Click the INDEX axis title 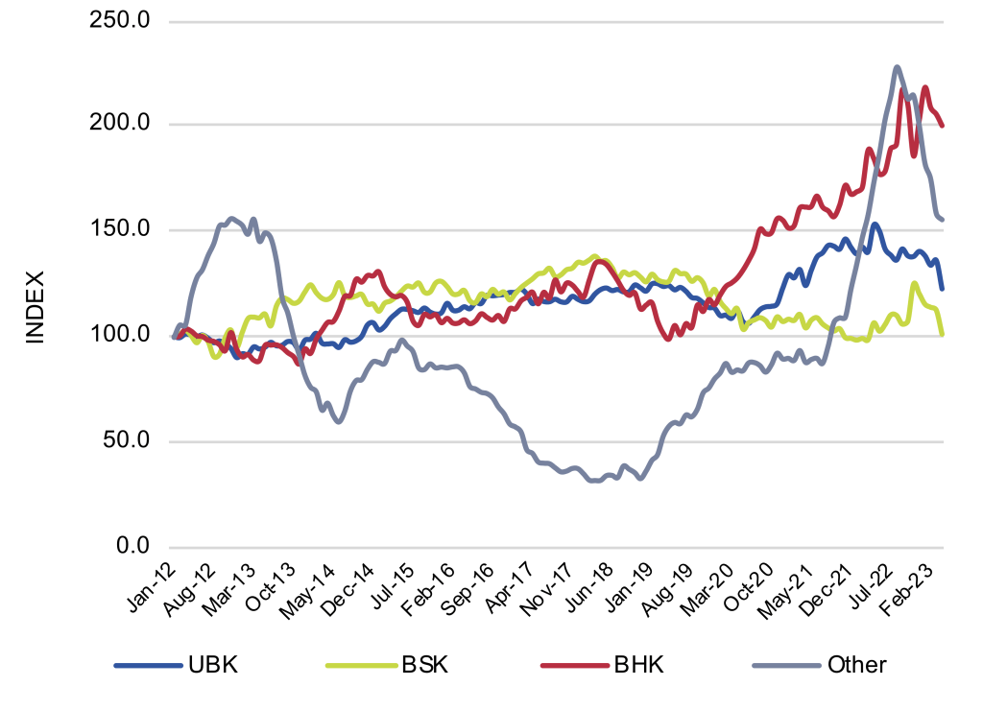coord(34,307)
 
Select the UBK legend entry coord(211,665)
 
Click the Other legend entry coord(856,665)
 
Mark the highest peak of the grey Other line coord(896,67)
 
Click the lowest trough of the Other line coord(595,481)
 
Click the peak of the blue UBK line coord(875,225)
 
